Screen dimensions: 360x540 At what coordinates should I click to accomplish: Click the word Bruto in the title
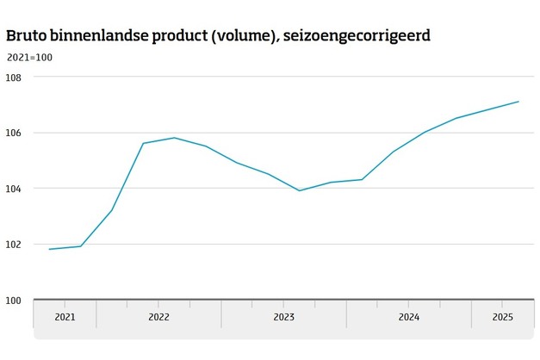pyautogui.click(x=26, y=36)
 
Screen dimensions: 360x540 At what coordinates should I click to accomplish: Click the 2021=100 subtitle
pyautogui.click(x=28, y=58)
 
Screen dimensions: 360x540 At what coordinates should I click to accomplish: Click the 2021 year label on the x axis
pyautogui.click(x=65, y=317)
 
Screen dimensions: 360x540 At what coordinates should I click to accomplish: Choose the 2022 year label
pyautogui.click(x=158, y=317)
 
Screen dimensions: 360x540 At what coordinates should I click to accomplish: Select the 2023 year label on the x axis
pyautogui.click(x=283, y=317)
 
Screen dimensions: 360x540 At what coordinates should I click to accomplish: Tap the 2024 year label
pyautogui.click(x=408, y=317)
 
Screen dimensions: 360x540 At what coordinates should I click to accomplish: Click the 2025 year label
pyautogui.click(x=502, y=317)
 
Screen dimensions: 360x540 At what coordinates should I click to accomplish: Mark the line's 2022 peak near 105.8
pyautogui.click(x=174, y=138)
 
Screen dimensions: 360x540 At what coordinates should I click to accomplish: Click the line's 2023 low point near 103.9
pyautogui.click(x=299, y=190)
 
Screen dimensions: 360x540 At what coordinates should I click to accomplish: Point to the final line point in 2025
pyautogui.click(x=518, y=102)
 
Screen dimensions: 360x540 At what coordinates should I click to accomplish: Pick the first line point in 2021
pyautogui.click(x=49, y=249)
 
